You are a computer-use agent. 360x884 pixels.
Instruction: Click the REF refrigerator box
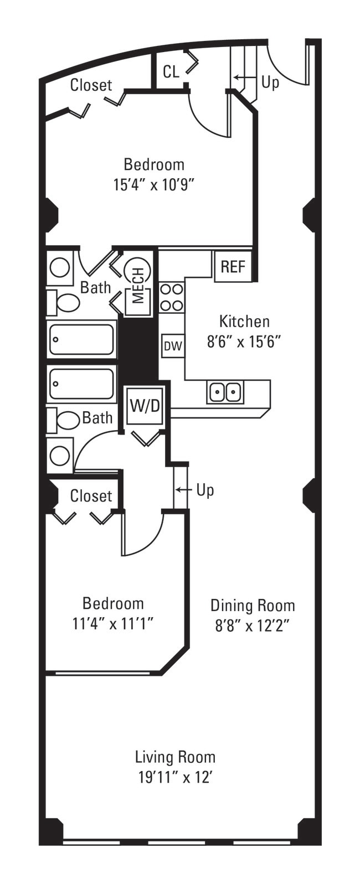233,266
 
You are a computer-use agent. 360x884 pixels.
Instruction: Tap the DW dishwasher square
173,346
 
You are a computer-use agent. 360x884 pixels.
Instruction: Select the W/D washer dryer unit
145,406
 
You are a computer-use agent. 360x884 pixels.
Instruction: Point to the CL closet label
171,71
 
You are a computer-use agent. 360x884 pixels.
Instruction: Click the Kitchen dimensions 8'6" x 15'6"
244,342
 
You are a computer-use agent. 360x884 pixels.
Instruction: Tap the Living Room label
175,757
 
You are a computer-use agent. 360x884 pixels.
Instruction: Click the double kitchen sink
225,392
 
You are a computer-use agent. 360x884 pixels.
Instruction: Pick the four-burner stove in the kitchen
172,297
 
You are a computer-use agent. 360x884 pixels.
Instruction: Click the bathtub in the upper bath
82,339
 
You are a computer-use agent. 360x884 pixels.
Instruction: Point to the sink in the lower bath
60,456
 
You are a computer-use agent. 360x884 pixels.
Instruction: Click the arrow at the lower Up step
184,490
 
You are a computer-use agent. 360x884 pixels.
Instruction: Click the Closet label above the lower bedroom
91,495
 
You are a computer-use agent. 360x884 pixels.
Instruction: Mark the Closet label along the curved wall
91,85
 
